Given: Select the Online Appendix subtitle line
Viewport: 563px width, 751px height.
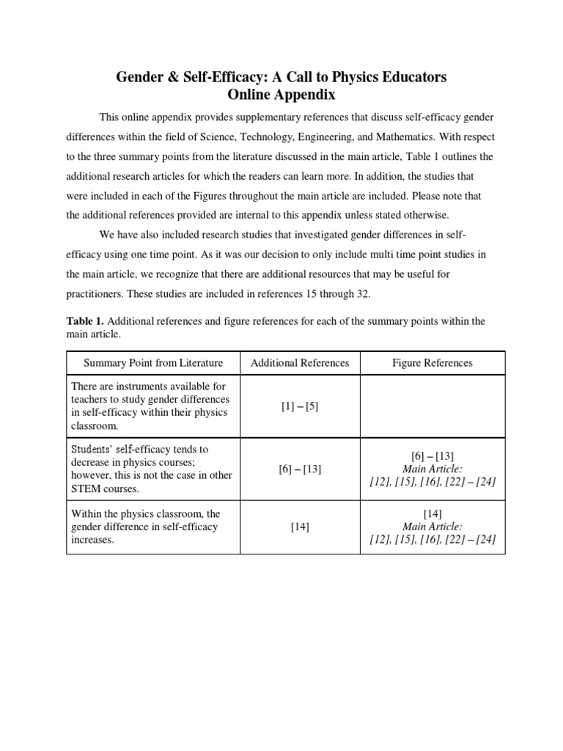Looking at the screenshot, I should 281,95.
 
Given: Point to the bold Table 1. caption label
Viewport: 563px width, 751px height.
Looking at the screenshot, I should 85,321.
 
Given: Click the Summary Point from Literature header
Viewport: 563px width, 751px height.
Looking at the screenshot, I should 153,363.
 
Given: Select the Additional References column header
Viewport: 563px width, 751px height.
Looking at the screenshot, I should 300,363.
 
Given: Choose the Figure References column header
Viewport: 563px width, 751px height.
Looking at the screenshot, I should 432,363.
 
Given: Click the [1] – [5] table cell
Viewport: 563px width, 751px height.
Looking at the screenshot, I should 300,406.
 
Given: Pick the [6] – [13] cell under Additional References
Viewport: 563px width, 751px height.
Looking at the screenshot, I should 300,469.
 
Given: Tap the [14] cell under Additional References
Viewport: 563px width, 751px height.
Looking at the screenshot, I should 300,527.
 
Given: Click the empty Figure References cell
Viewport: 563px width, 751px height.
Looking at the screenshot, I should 432,406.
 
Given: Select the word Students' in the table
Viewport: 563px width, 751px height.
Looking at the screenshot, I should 92,449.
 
